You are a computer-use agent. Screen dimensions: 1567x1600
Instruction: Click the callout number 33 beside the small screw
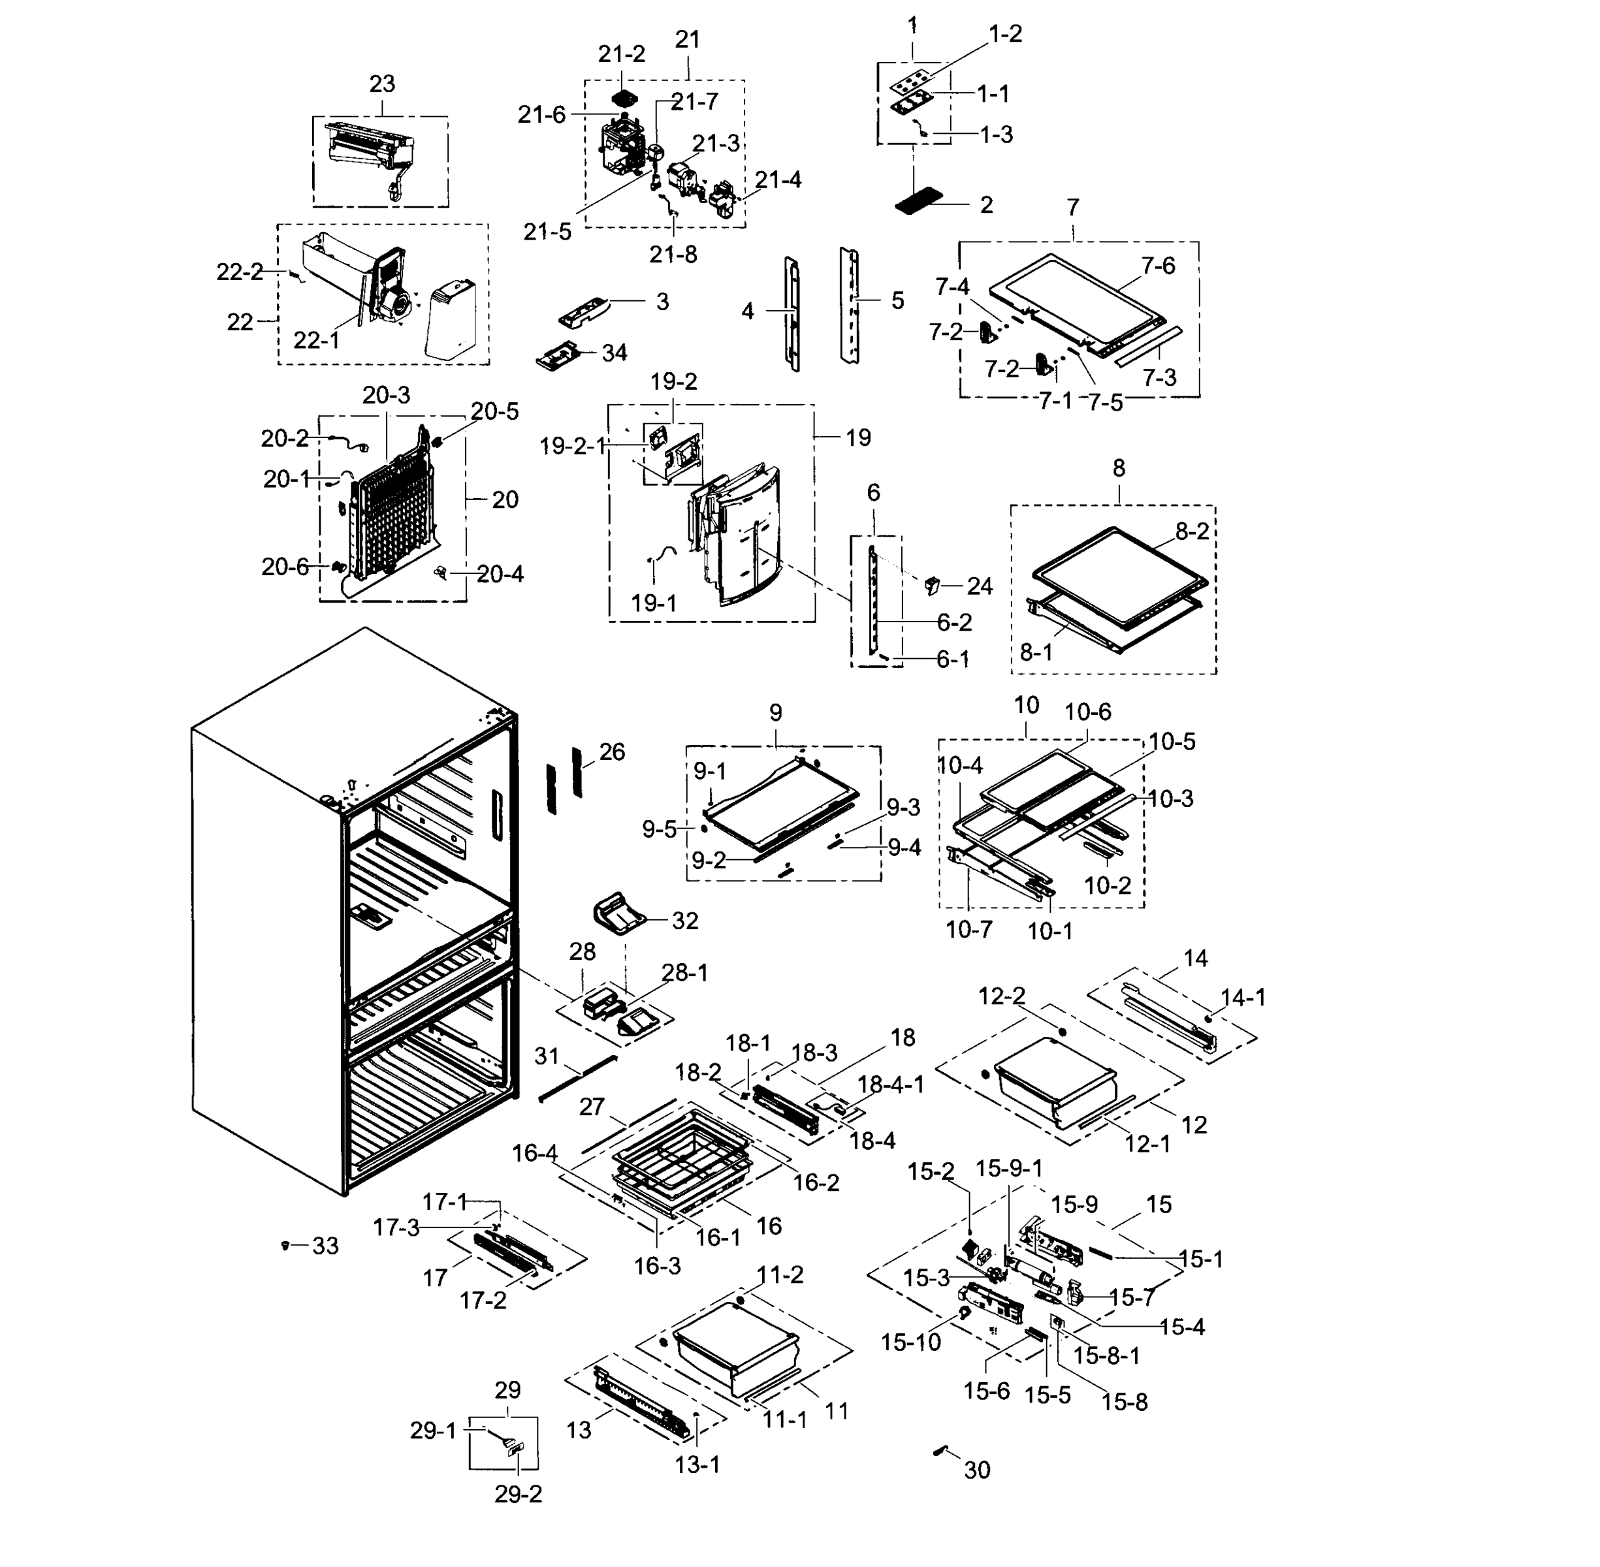[325, 1246]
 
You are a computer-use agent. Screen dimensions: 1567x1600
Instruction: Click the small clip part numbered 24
[933, 585]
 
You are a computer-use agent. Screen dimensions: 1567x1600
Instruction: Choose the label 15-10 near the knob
[910, 1342]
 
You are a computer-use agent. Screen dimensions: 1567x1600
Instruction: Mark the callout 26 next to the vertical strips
[611, 752]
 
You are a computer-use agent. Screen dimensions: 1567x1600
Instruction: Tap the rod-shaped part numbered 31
[578, 1077]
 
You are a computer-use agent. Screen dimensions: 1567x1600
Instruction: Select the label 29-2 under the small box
[518, 1494]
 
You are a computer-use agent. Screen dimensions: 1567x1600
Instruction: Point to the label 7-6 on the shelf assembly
[1158, 266]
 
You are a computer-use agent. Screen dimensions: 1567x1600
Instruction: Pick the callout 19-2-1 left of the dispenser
[572, 446]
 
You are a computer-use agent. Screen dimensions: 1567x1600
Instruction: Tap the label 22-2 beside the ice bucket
[240, 272]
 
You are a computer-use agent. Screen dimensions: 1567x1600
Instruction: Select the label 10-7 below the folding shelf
[968, 930]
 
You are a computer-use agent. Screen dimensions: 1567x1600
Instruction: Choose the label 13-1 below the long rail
[697, 1465]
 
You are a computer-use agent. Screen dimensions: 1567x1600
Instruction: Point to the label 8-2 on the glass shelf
[1192, 531]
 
